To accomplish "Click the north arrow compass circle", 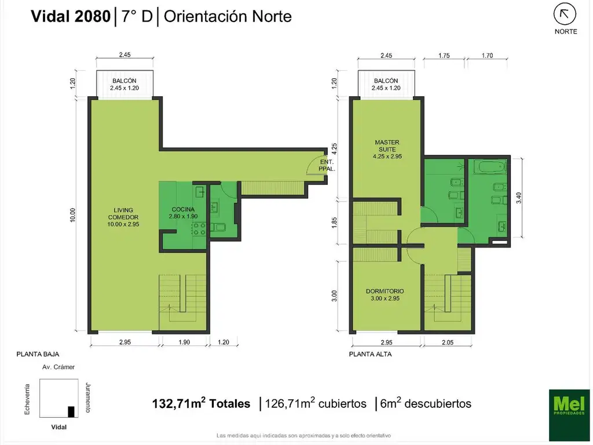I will pos(565,14).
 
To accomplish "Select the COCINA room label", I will pos(183,212).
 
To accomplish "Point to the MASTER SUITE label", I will pos(387,145).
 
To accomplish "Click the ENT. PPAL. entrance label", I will pos(327,166).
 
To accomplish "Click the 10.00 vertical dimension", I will pos(72,215).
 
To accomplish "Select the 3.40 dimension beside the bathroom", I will pos(519,198).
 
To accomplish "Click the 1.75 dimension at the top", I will pos(444,56).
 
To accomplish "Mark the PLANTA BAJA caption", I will pos(38,353).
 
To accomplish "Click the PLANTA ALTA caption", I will pos(370,353).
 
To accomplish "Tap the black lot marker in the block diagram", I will pos(71,412).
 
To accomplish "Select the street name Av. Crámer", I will pos(58,367).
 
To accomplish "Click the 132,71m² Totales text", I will pos(201,403).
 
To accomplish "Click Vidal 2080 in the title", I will pos(70,17).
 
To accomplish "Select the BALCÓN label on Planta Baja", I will pos(125,81).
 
